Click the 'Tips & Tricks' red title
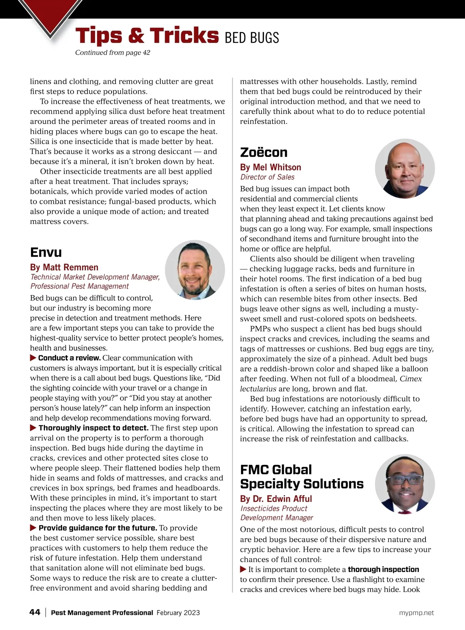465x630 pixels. point(147,36)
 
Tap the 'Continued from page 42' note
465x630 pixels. point(112,53)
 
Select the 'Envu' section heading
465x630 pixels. point(46,252)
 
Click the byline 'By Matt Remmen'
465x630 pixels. point(64,267)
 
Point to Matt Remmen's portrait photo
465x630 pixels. point(195,270)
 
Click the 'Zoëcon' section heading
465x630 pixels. point(264,152)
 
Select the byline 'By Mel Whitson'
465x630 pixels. point(270,167)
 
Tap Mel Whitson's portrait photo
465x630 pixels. point(405,169)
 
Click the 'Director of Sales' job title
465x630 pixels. point(267,177)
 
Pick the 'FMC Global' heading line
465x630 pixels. point(276,470)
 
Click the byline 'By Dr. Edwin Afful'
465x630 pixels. point(276,499)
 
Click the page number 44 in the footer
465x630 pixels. point(35,612)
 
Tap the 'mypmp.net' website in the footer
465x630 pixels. point(416,613)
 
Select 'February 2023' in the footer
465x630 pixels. point(178,613)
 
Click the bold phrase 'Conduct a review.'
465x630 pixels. point(69,358)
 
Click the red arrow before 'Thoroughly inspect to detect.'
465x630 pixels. point(33,428)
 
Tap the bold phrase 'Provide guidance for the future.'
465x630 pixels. point(98,528)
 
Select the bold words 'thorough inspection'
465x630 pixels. point(383,570)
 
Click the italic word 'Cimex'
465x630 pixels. point(411,379)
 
